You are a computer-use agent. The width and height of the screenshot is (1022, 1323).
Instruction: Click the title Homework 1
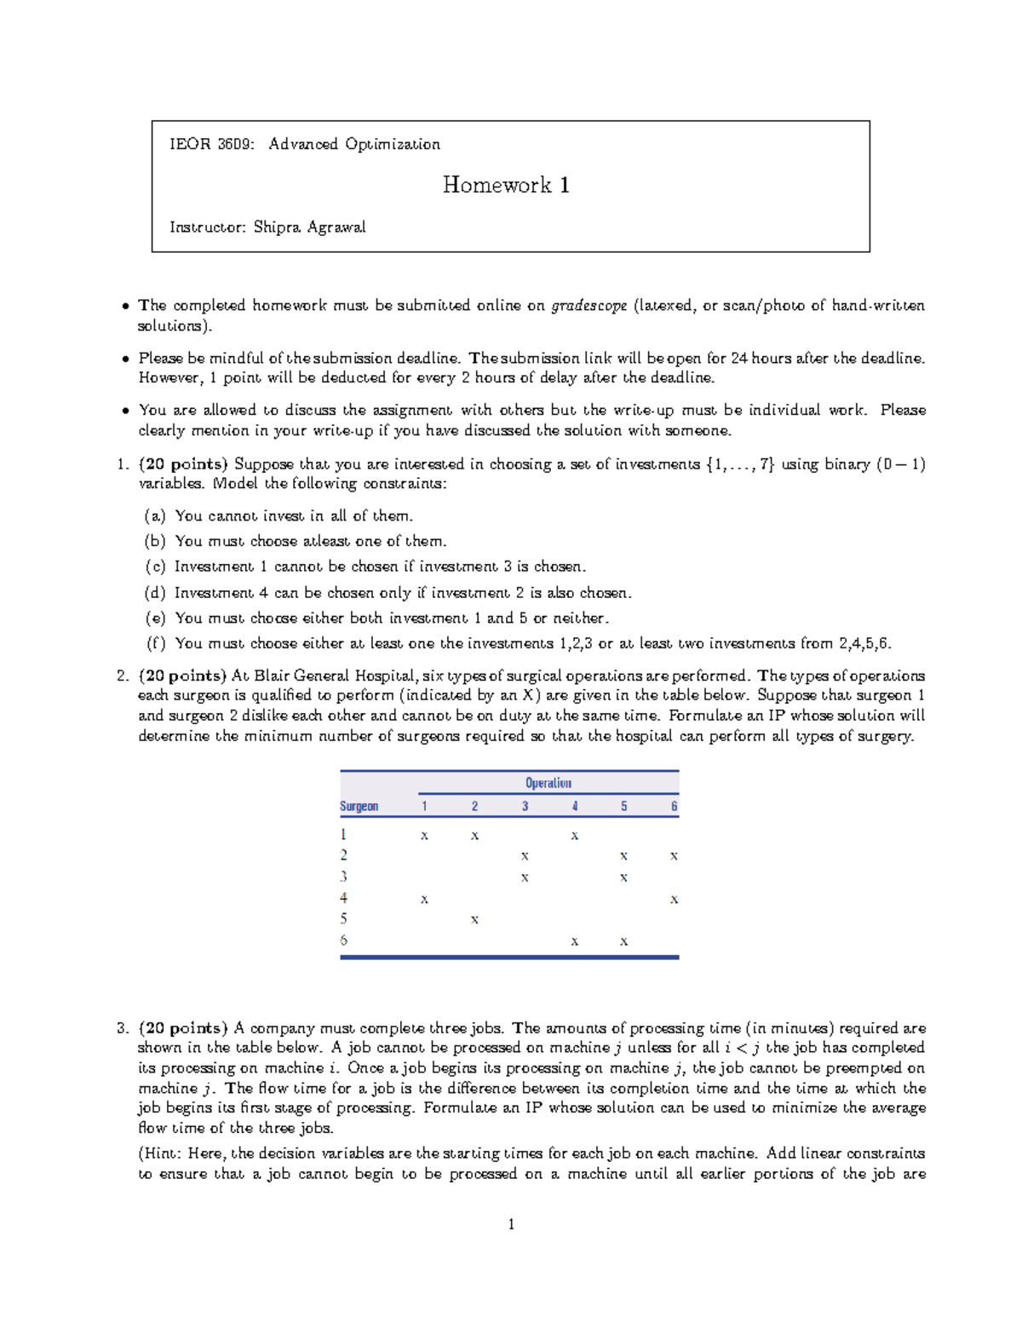pos(506,185)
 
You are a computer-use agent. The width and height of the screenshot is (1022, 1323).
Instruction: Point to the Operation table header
pos(548,783)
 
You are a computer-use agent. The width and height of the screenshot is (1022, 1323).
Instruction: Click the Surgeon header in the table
pos(359,806)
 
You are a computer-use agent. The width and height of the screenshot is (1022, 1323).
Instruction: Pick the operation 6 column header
pos(674,806)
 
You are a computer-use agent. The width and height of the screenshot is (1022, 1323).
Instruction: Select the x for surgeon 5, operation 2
pos(474,920)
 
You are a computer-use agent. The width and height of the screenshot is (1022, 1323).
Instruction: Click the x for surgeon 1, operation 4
pos(575,836)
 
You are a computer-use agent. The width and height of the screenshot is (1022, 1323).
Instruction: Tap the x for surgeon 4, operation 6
pos(674,900)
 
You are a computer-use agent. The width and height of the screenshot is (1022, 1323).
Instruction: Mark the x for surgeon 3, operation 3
pos(525,877)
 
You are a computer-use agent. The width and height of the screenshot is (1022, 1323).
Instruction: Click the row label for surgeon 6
pos(343,940)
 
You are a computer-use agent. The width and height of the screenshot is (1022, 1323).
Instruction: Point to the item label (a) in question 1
pos(154,515)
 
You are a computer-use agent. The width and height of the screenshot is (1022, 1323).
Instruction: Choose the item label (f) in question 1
pos(155,643)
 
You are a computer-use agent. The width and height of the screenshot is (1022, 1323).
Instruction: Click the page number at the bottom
pos(511,1224)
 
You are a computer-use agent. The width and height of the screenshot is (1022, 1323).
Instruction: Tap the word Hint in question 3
pos(162,1153)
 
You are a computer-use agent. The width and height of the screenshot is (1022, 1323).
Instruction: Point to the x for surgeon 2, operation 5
pos(624,856)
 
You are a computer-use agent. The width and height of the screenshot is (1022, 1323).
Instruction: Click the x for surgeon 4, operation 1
pos(424,900)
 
